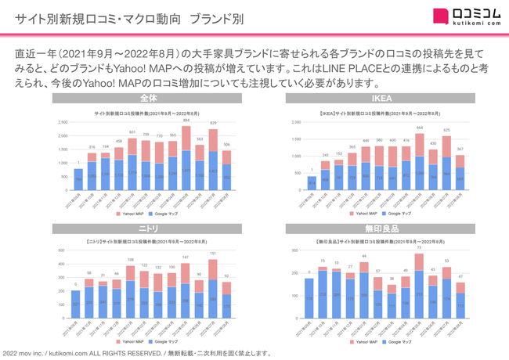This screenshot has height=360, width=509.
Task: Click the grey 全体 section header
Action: coord(148,99)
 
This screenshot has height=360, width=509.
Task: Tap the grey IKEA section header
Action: coord(381,99)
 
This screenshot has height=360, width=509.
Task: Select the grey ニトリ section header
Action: coord(148,229)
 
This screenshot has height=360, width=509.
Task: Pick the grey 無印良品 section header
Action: coord(381,229)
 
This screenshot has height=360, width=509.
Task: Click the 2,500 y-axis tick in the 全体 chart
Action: coord(62,123)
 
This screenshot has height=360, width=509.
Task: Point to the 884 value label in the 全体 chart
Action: coord(186,121)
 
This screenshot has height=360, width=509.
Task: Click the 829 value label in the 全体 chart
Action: coord(213,124)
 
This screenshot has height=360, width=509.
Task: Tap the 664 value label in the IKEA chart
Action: coord(420,127)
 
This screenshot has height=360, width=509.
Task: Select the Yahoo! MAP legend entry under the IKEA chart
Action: coord(364,213)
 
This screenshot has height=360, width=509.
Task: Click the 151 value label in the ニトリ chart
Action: coord(213,254)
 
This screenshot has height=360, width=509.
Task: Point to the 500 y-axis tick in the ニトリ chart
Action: coord(63,250)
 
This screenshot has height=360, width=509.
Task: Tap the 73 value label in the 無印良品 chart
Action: coord(420,248)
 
